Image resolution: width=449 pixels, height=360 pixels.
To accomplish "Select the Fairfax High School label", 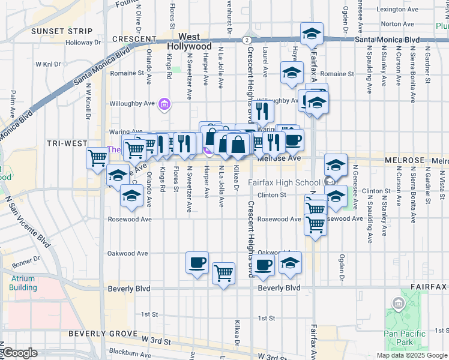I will point(285,182).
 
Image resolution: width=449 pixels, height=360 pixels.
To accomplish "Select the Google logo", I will point(19,353).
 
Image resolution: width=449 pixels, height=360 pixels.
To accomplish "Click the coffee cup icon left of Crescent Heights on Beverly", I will point(197,263).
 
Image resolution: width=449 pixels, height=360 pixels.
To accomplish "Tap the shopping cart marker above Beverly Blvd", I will point(223,273).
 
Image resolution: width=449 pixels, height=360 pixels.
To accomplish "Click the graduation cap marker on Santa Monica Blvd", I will point(311,34).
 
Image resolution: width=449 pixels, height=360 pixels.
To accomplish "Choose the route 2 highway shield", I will point(247,40).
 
